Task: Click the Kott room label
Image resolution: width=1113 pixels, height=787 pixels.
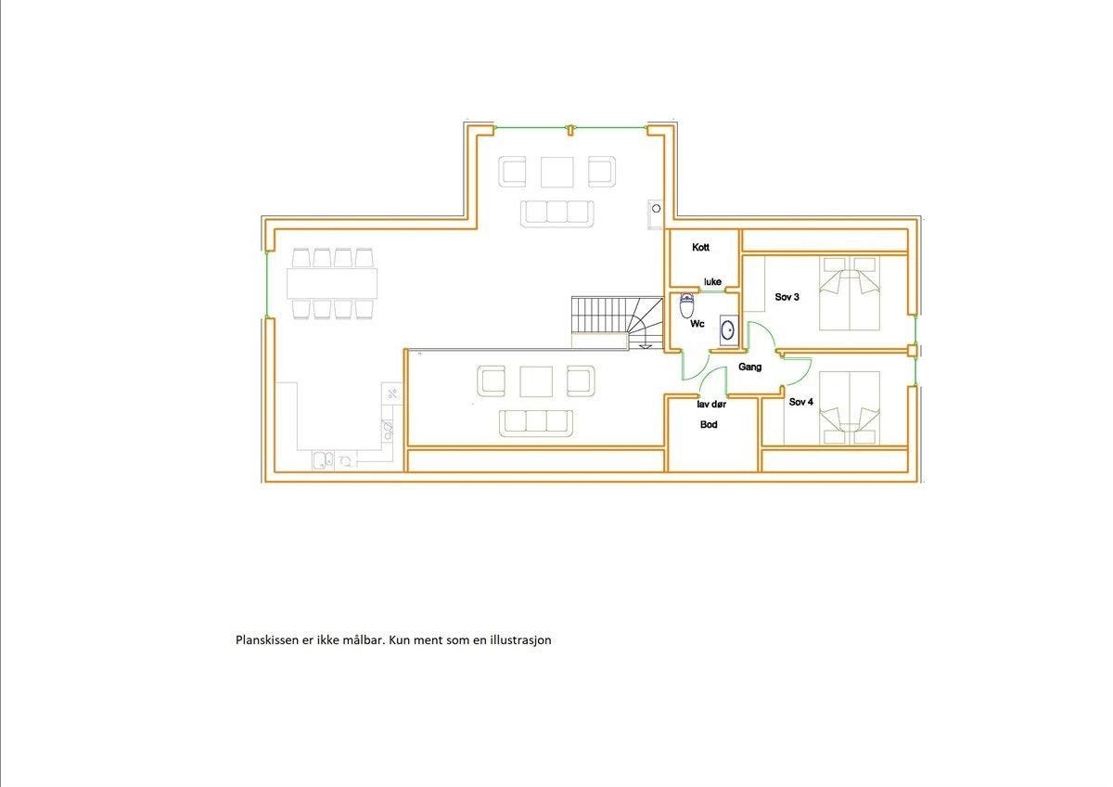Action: coord(700,248)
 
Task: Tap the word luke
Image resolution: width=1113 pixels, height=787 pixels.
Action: coord(712,281)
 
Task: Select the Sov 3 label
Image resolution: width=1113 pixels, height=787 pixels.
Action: coord(787,297)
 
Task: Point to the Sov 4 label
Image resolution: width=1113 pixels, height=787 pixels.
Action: coord(801,402)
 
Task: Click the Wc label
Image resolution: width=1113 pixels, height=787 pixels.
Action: coord(697,325)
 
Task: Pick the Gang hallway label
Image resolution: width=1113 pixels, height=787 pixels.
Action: coord(749,367)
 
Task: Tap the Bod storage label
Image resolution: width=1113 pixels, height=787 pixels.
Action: coord(709,424)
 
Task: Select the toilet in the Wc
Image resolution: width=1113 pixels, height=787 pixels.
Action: coord(686,303)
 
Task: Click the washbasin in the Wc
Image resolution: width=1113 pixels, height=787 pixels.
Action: coord(729,329)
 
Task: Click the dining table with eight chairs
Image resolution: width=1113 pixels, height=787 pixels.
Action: coord(332,281)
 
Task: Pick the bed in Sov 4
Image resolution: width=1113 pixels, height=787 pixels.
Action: coord(850,406)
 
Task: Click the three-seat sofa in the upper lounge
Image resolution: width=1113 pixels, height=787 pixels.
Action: coord(556,212)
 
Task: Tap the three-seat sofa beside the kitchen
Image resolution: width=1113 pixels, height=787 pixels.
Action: coord(536,422)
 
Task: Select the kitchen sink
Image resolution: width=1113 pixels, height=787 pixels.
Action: coord(322,458)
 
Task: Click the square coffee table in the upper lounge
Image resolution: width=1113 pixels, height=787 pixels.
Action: coord(556,171)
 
